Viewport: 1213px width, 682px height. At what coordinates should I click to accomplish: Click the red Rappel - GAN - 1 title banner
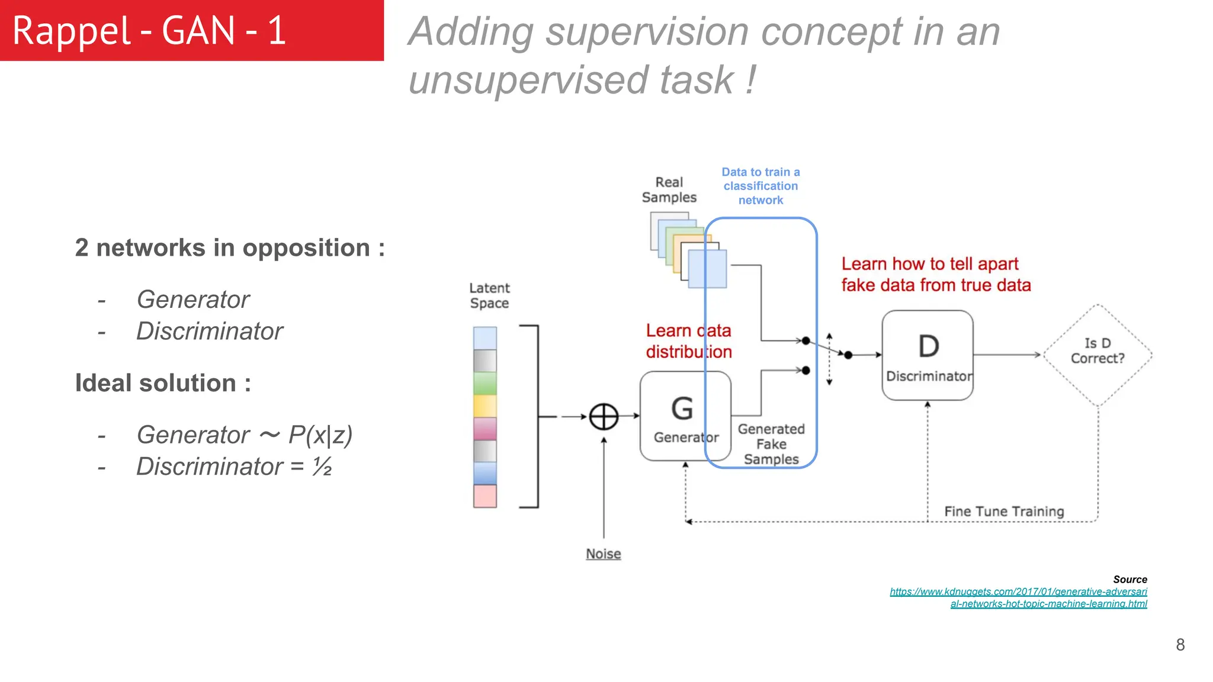[191, 30]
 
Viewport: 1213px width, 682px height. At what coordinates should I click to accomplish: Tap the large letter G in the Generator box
[682, 408]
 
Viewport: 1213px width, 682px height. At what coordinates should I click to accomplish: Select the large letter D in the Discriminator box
[928, 346]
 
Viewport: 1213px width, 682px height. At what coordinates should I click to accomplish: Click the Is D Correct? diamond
[1098, 354]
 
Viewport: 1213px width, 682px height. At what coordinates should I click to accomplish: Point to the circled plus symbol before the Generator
[604, 417]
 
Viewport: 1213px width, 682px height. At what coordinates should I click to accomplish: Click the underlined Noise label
[603, 554]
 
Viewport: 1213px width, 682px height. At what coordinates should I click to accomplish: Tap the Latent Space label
[489, 295]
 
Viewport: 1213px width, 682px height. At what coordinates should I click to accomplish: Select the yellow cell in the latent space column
[484, 406]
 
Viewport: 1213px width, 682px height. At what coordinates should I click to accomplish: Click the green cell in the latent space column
[484, 383]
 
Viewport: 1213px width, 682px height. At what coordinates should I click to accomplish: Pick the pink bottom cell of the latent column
[484, 496]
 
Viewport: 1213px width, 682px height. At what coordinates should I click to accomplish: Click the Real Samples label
[669, 190]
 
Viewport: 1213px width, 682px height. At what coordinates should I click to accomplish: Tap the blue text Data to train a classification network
[760, 186]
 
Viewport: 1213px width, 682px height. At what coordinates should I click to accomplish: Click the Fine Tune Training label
[1004, 511]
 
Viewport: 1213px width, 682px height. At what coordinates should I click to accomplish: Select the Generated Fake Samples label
[771, 444]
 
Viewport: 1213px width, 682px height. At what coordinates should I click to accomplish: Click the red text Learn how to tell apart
[930, 264]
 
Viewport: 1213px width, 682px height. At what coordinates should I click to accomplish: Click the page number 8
[1180, 645]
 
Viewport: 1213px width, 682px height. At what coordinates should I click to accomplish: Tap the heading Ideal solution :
[163, 383]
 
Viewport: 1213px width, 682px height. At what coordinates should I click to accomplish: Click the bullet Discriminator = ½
[234, 467]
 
